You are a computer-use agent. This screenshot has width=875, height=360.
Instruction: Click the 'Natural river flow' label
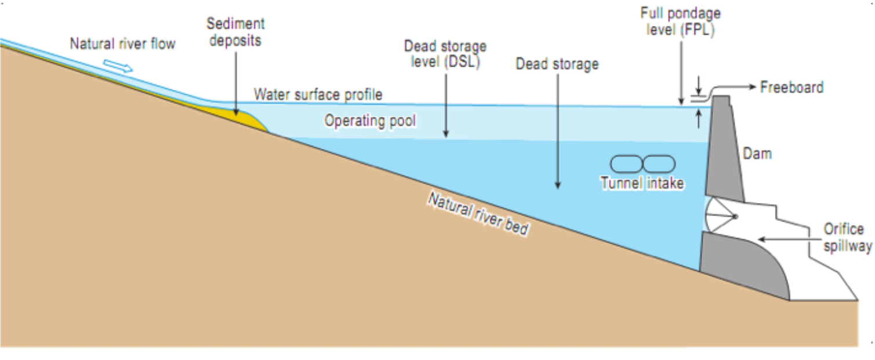(x=122, y=43)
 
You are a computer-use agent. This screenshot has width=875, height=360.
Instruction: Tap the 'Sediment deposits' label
(x=235, y=32)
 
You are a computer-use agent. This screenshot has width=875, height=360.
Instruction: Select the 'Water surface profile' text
(x=318, y=94)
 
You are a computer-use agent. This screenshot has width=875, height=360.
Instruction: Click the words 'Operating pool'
(x=370, y=121)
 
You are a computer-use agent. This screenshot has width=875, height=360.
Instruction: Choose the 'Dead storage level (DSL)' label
(x=445, y=54)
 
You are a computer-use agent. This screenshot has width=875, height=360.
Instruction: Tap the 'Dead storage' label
(x=557, y=64)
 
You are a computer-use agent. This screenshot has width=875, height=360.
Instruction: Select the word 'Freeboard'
(x=792, y=88)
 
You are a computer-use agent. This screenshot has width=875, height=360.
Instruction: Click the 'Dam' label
(x=757, y=154)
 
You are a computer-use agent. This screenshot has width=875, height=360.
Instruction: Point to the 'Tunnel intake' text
(x=642, y=184)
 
